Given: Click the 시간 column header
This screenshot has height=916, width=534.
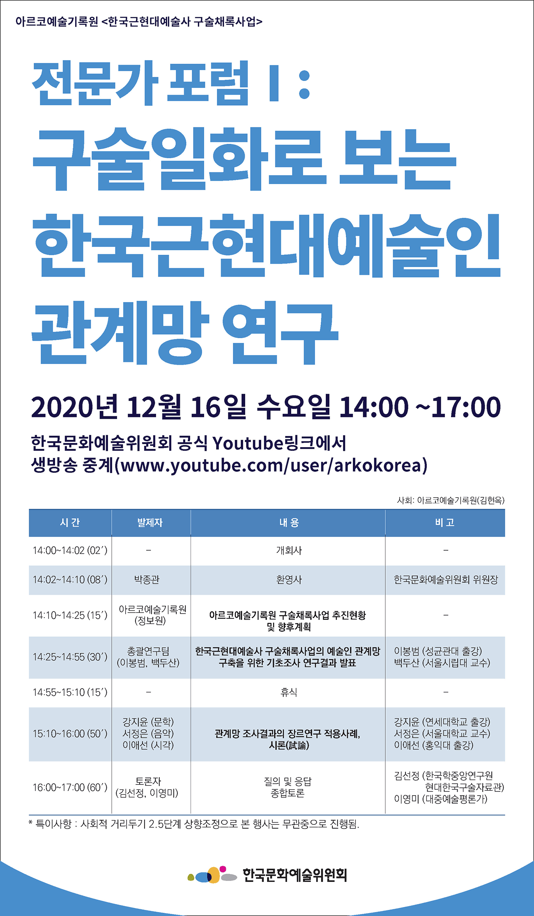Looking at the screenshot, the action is pos(70,522).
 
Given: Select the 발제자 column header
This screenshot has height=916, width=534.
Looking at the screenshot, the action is pos(150,522).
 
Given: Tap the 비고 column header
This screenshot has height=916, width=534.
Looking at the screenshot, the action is pos(445,522).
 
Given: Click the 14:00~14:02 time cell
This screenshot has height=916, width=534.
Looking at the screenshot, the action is pos(70,550).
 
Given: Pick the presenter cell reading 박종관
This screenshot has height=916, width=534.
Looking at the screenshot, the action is pos(147,579).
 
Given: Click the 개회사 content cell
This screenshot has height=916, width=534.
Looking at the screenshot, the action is pos(289,550).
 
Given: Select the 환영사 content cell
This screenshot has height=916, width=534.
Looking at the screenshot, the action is pos(289,579).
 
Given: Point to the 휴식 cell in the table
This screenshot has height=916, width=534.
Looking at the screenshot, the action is pos(289,692).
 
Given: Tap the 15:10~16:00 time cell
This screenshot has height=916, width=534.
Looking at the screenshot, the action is pos(70,734).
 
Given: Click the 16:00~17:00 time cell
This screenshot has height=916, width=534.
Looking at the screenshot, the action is pos(70,787).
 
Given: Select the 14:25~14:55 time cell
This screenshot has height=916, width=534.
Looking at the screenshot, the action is pos(70,657).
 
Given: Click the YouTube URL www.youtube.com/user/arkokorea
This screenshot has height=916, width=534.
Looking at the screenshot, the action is pos(271,465).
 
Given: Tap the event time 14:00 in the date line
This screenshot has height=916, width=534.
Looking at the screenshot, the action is pos(374,407).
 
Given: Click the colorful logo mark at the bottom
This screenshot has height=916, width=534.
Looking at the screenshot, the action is pos(212,875).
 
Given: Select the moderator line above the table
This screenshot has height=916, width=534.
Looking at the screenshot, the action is pos(451,500).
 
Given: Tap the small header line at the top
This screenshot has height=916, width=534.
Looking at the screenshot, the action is pos(139,21).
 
